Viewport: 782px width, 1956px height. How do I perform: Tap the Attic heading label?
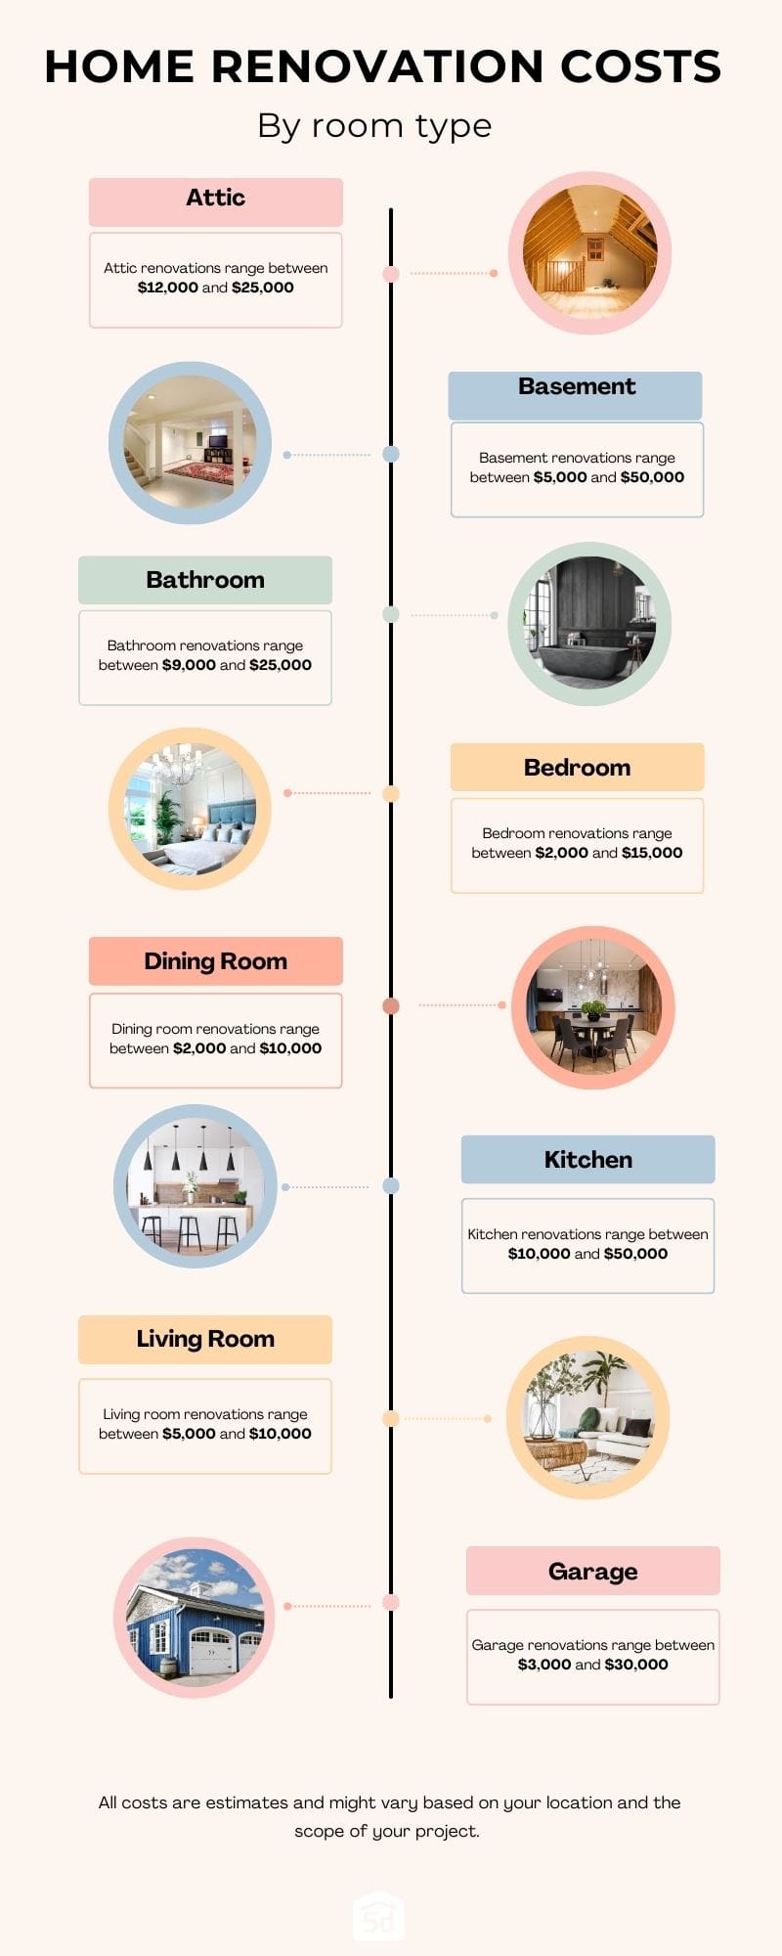pos(216,198)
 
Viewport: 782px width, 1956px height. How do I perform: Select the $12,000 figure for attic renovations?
pos(168,288)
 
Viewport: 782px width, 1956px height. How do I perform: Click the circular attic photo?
pos(589,253)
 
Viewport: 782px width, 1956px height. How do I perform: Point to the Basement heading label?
pos(577,386)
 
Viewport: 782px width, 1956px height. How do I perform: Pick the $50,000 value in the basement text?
pos(652,477)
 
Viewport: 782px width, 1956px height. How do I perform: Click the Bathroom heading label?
pos(205,580)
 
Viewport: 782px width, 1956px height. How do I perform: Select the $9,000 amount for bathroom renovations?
pos(189,665)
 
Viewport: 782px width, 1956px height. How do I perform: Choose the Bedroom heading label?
pos(578,768)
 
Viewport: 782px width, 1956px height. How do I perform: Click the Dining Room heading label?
pos(216,961)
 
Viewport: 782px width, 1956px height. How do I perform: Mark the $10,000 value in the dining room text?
pos(290,1048)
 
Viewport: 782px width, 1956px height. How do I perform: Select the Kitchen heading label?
pos(588,1160)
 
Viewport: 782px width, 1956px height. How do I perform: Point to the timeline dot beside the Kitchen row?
pos(391,1186)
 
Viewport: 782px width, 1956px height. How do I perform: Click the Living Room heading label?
pos(205,1339)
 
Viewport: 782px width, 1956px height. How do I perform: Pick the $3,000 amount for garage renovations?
pos(544,1665)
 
